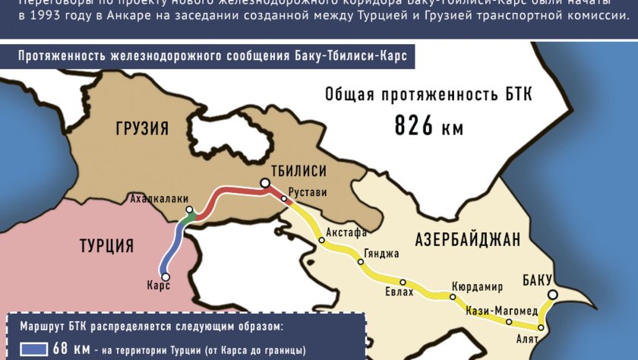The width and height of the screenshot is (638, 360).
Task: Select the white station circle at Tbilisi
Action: [264, 183]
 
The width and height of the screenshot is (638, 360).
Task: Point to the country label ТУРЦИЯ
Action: [107, 245]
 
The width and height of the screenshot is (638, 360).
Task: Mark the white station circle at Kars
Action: [166, 276]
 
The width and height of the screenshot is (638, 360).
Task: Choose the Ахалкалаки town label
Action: [159, 199]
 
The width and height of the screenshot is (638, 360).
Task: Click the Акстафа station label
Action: [346, 232]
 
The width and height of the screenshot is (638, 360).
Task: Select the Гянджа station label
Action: [381, 254]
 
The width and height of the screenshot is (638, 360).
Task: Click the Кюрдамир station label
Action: [477, 286]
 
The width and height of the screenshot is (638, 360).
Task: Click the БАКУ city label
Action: [537, 278]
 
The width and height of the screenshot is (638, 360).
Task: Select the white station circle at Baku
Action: [553, 295]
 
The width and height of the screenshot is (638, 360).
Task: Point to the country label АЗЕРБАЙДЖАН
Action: [467, 241]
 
